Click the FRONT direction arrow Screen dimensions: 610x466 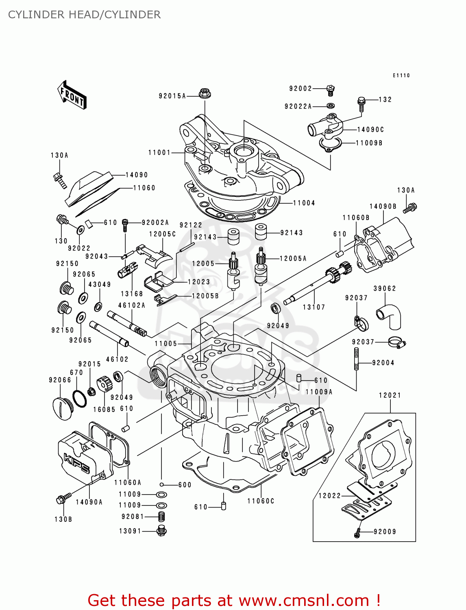click(72, 94)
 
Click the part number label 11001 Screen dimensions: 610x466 click(159, 152)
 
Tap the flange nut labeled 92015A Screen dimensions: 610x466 click(205, 94)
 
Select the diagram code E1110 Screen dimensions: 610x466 click(401, 75)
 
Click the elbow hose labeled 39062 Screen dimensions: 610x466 click(390, 316)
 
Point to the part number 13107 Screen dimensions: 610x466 click(314, 307)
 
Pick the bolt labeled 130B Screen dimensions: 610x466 click(63, 499)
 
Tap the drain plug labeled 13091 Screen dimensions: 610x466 click(162, 531)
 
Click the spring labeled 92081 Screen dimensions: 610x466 click(161, 516)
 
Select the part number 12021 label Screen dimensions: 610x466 click(390, 395)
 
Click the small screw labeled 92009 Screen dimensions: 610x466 click(357, 532)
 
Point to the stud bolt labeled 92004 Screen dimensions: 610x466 click(356, 359)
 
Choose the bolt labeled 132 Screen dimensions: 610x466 click(361, 104)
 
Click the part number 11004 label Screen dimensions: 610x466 click(304, 203)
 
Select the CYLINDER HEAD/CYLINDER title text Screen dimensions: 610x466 click(84, 15)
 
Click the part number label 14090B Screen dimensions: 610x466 click(383, 207)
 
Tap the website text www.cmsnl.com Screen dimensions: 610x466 click(303, 600)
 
